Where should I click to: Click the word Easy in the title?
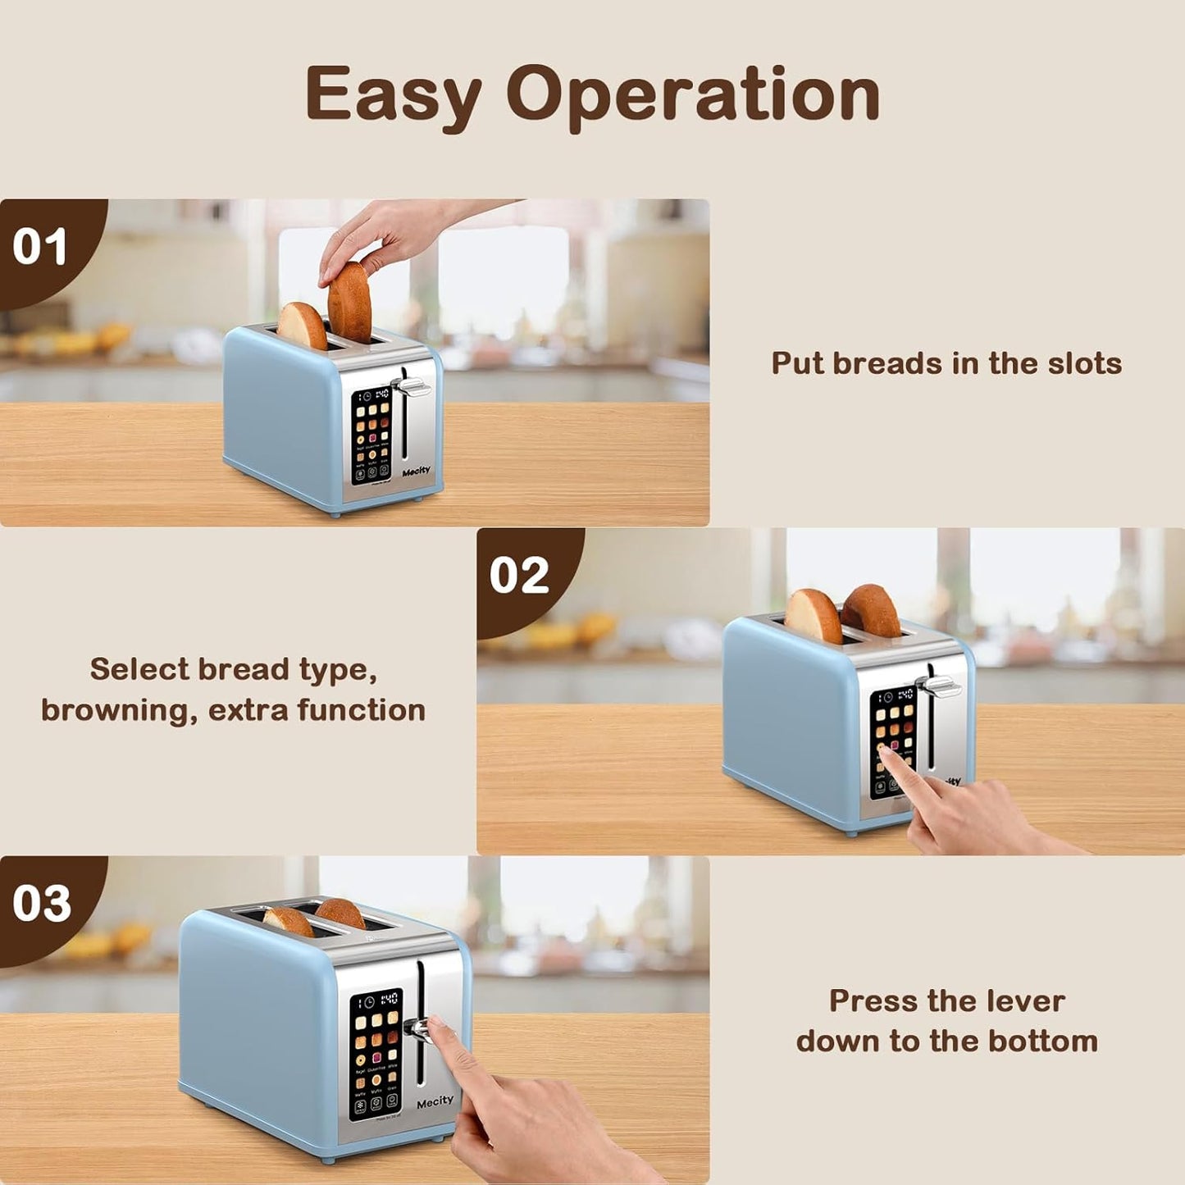393,94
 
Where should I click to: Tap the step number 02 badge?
519,575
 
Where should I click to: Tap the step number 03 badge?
42,903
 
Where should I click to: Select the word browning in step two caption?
118,710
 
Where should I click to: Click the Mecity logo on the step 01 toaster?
417,472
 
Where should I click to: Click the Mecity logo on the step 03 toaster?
435,1101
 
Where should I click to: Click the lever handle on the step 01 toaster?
413,384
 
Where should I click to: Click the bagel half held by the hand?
349,301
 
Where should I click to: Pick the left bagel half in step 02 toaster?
813,615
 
